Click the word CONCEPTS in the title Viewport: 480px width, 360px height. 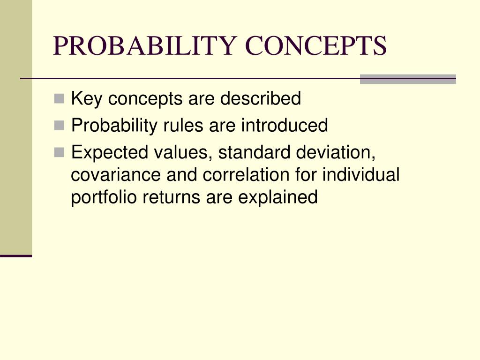click(316, 46)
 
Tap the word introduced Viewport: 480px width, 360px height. click(285, 126)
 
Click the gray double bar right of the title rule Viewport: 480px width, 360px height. click(407, 79)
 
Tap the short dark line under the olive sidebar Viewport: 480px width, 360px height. click(16, 256)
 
